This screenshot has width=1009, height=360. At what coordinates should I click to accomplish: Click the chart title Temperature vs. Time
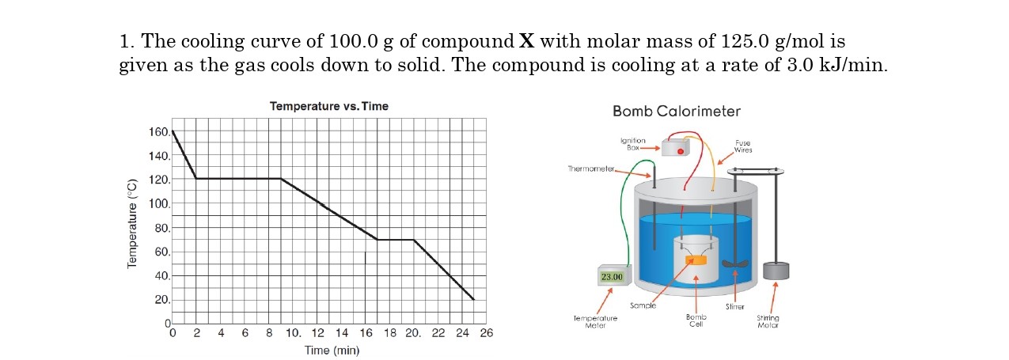pyautogui.click(x=329, y=106)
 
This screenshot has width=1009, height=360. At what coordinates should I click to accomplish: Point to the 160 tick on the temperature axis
pyautogui.click(x=159, y=132)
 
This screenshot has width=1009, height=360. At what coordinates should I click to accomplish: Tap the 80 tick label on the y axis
pyautogui.click(x=162, y=228)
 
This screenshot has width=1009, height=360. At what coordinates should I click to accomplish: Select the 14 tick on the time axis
pyautogui.click(x=341, y=333)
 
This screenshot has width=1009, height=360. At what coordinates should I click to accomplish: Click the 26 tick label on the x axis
pyautogui.click(x=487, y=333)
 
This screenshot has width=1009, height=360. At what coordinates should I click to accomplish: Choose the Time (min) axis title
pyautogui.click(x=332, y=350)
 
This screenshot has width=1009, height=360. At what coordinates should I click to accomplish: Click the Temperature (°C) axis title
pyautogui.click(x=132, y=224)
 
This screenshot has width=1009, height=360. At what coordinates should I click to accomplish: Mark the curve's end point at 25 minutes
pyautogui.click(x=473, y=299)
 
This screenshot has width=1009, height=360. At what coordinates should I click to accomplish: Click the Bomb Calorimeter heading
pyautogui.click(x=676, y=112)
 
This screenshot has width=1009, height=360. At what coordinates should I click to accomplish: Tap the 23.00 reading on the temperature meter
pyautogui.click(x=612, y=277)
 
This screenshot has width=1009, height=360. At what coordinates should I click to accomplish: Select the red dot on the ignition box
pyautogui.click(x=680, y=151)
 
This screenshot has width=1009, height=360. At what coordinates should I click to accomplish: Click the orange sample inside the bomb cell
pyautogui.click(x=696, y=260)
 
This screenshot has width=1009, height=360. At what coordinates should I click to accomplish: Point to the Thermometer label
pyautogui.click(x=591, y=169)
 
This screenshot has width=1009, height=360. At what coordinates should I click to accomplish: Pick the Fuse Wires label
pyautogui.click(x=743, y=146)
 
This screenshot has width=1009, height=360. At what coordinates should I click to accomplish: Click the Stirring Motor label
pyautogui.click(x=768, y=321)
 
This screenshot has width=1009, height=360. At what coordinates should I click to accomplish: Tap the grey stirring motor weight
pyautogui.click(x=776, y=271)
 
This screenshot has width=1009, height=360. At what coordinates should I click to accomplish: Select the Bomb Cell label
pyautogui.click(x=696, y=320)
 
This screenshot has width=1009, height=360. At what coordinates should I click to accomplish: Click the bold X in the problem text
pyautogui.click(x=526, y=41)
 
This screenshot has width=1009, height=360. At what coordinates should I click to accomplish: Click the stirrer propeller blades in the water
pyautogui.click(x=734, y=264)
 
